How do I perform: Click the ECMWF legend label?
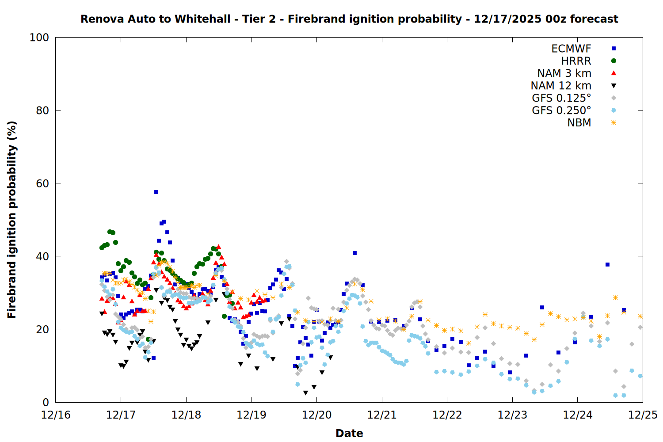point(571,49)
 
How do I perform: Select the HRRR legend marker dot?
point(613,61)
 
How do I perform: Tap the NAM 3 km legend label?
point(564,73)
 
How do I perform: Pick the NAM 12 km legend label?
point(561,86)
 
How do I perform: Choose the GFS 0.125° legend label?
point(561,98)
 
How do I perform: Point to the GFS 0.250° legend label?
point(561,110)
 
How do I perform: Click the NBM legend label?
point(579,123)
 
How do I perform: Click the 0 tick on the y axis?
point(46,402)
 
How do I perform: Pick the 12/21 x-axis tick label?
point(382,415)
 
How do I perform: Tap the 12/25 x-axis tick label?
point(643,415)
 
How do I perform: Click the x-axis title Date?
point(349,433)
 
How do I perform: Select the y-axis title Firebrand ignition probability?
point(12,220)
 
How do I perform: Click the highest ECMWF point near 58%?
point(156,192)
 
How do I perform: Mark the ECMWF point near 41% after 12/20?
point(354,253)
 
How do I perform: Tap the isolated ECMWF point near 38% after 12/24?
point(607,264)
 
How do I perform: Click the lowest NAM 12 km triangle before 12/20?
point(305,393)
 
